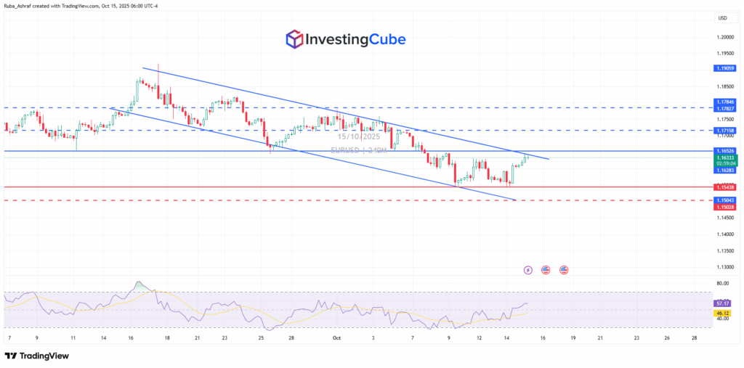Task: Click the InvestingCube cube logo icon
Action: coord(295,39)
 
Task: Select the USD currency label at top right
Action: coord(723,17)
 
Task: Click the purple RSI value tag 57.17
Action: coord(723,303)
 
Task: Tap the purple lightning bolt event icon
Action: coord(527,270)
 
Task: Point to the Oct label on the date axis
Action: coord(336,338)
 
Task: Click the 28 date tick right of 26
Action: coord(695,338)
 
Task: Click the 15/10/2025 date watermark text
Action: coord(358,136)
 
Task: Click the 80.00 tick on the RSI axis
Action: coord(722,283)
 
